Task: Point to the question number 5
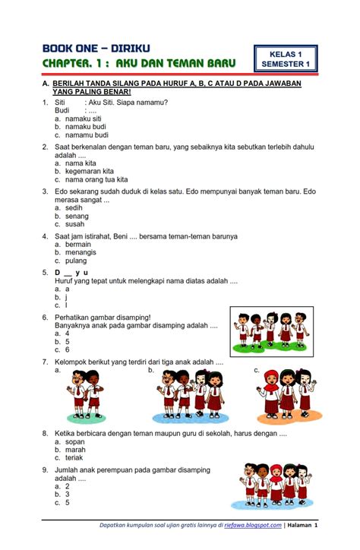point(46,272)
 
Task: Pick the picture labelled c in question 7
point(287,394)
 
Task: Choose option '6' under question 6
point(68,349)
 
